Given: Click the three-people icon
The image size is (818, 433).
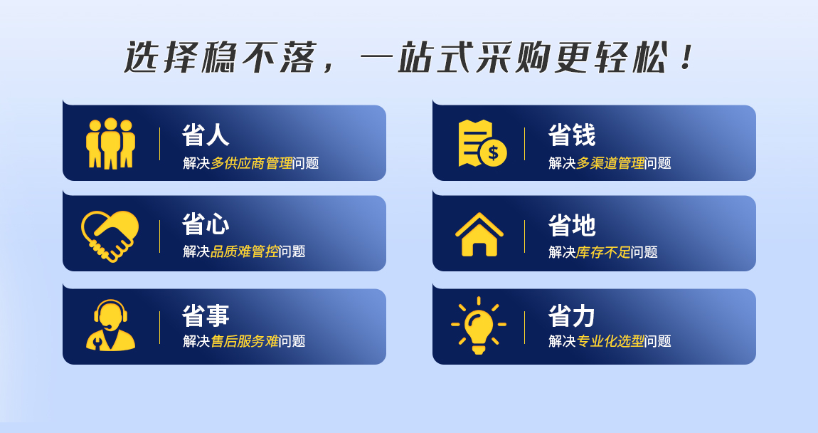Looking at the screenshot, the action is pyautogui.click(x=110, y=144).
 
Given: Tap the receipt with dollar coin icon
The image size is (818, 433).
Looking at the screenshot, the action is pyautogui.click(x=482, y=144).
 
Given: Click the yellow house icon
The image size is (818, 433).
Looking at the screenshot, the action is pyautogui.click(x=479, y=234).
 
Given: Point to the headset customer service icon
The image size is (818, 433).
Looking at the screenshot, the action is pyautogui.click(x=110, y=325).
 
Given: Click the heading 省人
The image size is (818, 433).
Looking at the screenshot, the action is pyautogui.click(x=206, y=135).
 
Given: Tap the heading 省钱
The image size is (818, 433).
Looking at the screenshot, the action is pyautogui.click(x=572, y=135).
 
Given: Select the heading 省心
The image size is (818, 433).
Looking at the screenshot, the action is pyautogui.click(x=206, y=224).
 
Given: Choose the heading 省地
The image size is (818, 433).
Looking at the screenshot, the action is pyautogui.click(x=572, y=225).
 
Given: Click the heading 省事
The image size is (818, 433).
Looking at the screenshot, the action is pyautogui.click(x=206, y=315).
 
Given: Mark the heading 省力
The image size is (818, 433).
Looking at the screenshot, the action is pyautogui.click(x=572, y=315).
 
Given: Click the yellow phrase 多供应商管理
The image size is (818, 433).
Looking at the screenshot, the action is pyautogui.click(x=252, y=163).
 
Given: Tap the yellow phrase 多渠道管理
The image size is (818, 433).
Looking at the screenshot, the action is pyautogui.click(x=610, y=163).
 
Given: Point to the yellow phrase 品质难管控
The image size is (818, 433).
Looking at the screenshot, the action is pyautogui.click(x=245, y=251).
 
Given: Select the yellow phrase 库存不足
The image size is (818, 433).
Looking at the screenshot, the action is pyautogui.click(x=604, y=252).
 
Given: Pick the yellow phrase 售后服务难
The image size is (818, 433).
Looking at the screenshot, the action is pyautogui.click(x=245, y=341).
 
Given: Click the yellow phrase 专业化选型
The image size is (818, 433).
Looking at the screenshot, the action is pyautogui.click(x=610, y=341).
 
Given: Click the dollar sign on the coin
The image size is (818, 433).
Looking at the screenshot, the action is pyautogui.click(x=493, y=153).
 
